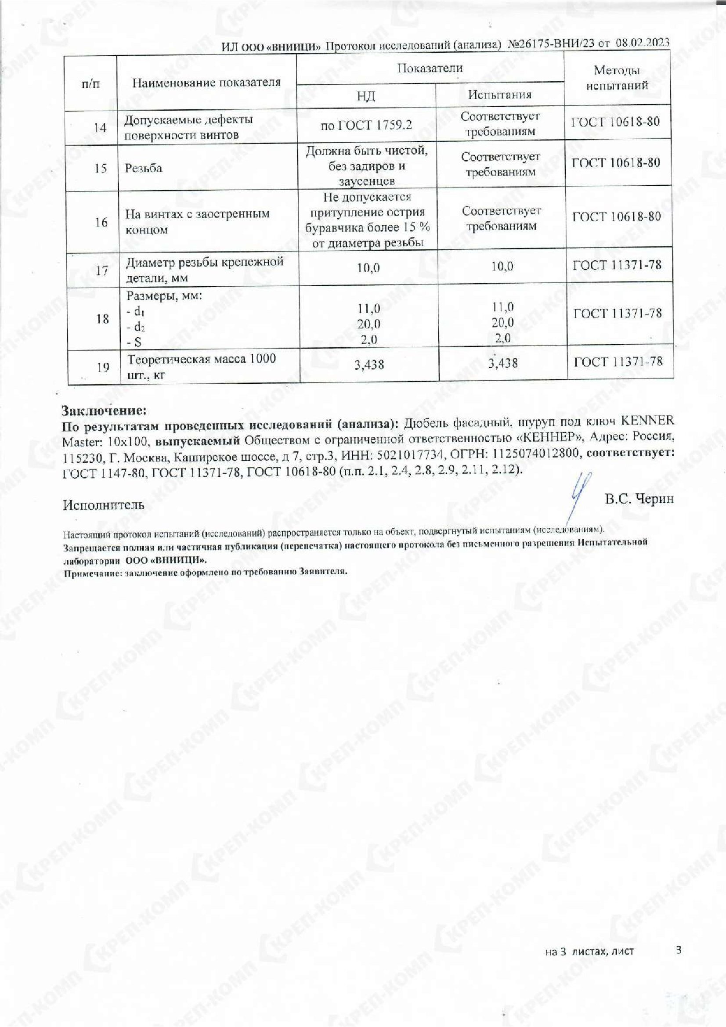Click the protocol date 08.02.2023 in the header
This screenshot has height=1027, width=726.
(x=643, y=43)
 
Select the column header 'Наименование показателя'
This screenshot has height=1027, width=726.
(x=207, y=82)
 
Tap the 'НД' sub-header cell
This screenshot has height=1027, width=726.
(x=366, y=96)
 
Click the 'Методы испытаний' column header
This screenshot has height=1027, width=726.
(x=617, y=78)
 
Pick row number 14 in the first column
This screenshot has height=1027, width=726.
(x=100, y=128)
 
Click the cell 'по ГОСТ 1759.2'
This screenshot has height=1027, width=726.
(x=366, y=125)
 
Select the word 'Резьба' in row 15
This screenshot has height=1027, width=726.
(x=144, y=169)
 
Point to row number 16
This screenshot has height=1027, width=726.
(x=101, y=222)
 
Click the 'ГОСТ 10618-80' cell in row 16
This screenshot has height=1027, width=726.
(x=617, y=217)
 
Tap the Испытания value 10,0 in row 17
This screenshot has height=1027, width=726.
(x=502, y=267)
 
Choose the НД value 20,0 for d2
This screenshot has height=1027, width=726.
(x=368, y=324)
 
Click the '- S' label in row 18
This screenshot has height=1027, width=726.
(x=134, y=342)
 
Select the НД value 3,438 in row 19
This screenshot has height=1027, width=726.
(x=369, y=365)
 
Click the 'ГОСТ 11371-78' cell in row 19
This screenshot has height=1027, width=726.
(x=618, y=362)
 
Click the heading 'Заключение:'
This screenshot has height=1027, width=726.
(x=104, y=410)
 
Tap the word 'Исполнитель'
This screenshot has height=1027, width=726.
(x=104, y=505)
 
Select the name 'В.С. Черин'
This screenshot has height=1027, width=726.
(x=639, y=499)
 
